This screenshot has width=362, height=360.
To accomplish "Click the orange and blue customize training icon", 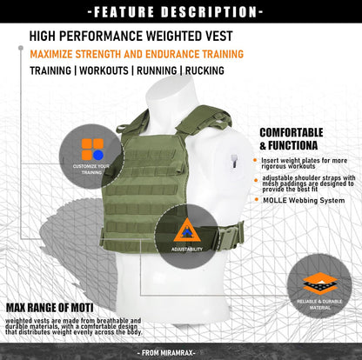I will pyautogui.click(x=92, y=150).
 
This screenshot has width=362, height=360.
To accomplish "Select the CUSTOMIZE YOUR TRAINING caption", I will pyautogui.click(x=91, y=169).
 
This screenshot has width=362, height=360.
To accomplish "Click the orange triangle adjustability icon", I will pyautogui.click(x=186, y=230).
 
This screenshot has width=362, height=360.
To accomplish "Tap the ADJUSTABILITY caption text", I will pyautogui.click(x=186, y=250).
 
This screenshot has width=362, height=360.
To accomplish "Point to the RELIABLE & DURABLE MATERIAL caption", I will pyautogui.click(x=319, y=304).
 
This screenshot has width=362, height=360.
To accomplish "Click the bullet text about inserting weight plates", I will pyautogui.click(x=304, y=163).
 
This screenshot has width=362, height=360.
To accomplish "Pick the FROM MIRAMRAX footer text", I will pyautogui.click(x=181, y=352).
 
